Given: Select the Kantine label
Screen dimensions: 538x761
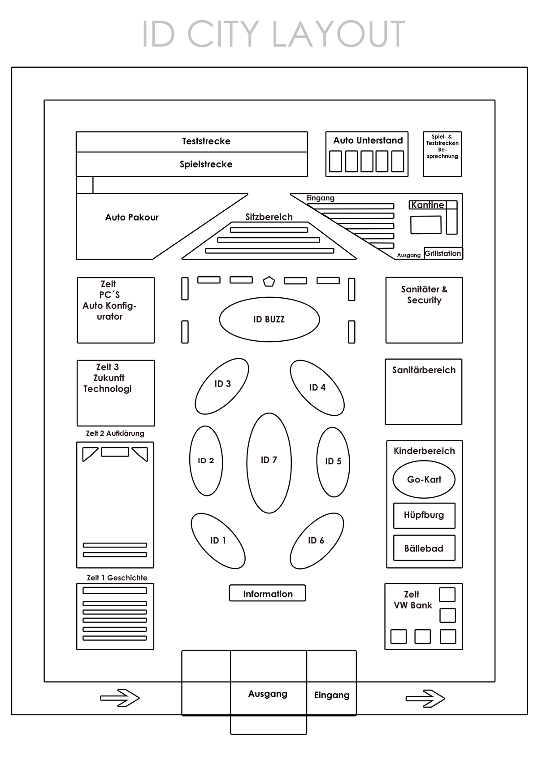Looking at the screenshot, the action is (x=428, y=205).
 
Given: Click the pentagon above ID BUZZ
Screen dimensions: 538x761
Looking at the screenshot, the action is (x=269, y=281).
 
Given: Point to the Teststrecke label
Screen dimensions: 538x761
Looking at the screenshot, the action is (x=206, y=141).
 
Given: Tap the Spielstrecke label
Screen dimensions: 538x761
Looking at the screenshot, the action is (x=206, y=165).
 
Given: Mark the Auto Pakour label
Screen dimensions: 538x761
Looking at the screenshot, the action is (x=132, y=217).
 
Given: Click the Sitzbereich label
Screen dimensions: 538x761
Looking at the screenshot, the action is (x=269, y=217).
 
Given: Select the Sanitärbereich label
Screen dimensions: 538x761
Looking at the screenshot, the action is (x=424, y=370).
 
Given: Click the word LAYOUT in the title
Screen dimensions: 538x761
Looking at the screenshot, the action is (x=338, y=34).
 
